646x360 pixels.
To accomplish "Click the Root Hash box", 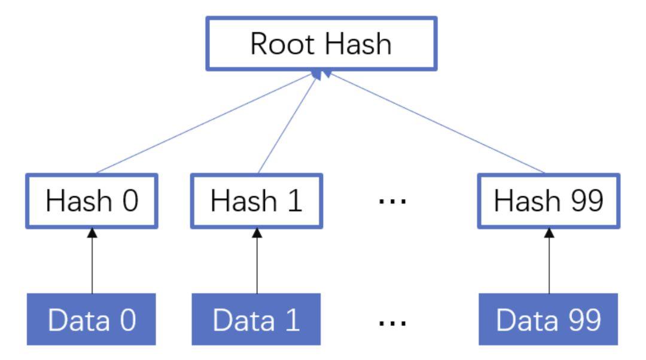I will tap(321, 44).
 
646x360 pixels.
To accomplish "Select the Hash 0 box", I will tap(92, 202).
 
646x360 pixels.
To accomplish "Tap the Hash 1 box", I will tap(257, 202).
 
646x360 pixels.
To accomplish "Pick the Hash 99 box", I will tap(549, 202).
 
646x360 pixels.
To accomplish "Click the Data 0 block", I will tap(92, 320).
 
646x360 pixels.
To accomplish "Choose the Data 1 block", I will tap(257, 320).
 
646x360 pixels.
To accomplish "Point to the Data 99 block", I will tap(549, 320).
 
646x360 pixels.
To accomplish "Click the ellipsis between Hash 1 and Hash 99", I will tap(393, 202).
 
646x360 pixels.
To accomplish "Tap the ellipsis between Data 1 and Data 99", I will tap(393, 323).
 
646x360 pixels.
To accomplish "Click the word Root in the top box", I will tap(283, 44).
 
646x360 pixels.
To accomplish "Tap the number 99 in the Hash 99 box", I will tap(584, 202).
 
